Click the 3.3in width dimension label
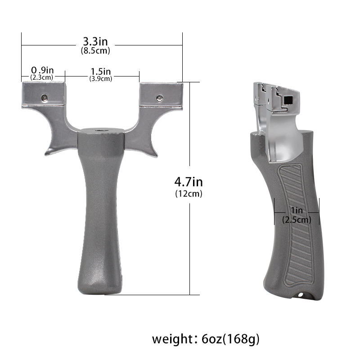(x=95, y=42)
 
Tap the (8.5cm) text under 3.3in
(x=95, y=51)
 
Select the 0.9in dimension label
(x=42, y=70)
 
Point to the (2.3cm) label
(x=42, y=77)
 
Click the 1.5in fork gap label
(x=100, y=71)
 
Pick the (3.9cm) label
(x=100, y=78)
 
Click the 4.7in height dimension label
(x=189, y=182)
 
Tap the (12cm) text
(x=189, y=194)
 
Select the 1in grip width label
(x=297, y=211)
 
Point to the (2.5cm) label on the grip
(x=297, y=220)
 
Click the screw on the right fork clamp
(x=159, y=97)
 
